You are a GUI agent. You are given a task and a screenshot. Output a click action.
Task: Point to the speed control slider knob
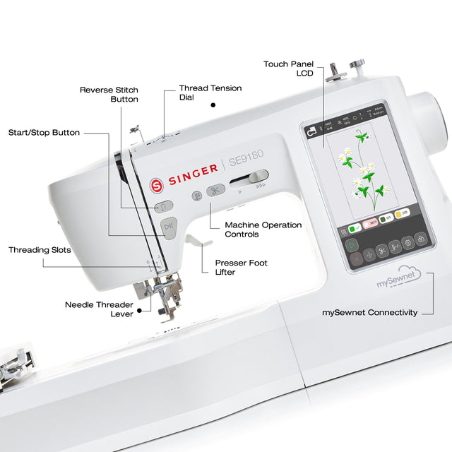tap(258, 176)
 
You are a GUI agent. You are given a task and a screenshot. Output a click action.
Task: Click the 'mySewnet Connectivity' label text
tap(369, 312)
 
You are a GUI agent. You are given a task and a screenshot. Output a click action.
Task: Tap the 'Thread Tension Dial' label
tap(210, 93)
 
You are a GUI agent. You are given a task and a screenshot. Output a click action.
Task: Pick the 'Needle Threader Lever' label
tap(99, 309)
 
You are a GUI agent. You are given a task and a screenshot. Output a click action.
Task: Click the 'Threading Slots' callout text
tap(40, 250)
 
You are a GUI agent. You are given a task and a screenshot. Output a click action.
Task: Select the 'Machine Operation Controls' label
tap(263, 230)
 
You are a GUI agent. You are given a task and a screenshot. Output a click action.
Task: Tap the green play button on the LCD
tap(351, 244)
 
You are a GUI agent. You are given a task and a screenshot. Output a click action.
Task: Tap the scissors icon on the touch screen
tap(381, 250)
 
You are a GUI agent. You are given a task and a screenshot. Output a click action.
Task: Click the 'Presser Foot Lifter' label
tap(241, 267)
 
